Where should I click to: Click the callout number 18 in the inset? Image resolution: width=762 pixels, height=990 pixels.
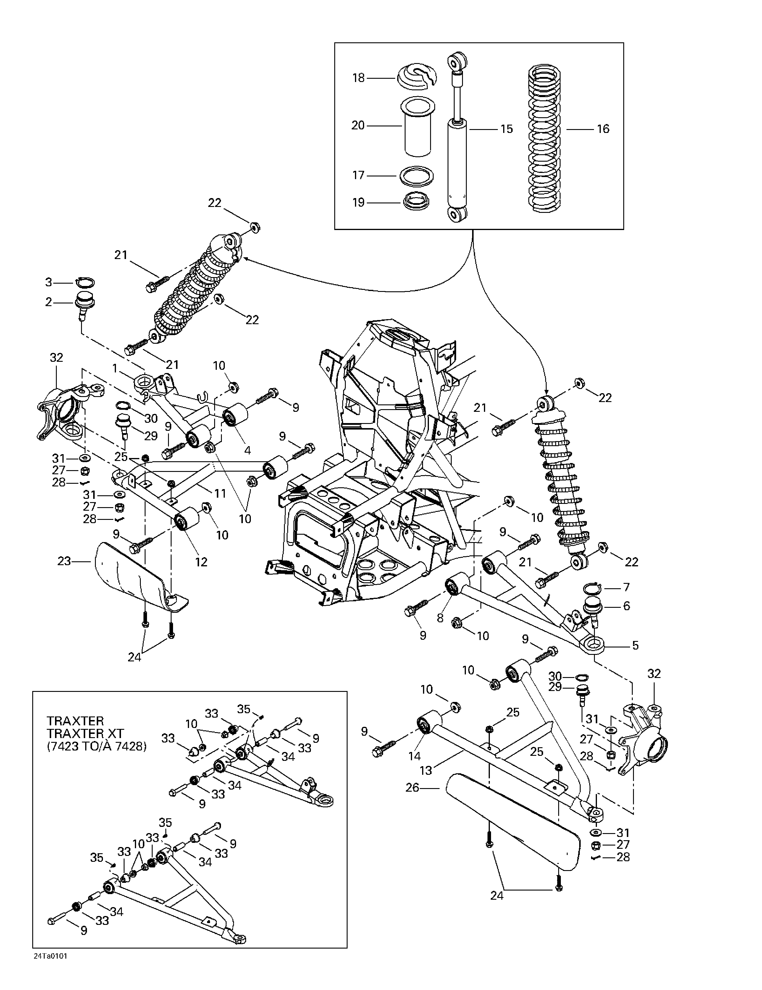[x=358, y=78]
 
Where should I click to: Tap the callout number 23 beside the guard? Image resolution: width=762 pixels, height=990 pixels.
[x=64, y=561]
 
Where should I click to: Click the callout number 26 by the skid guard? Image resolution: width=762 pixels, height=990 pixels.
[x=412, y=788]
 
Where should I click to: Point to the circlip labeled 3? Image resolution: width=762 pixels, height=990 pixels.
[x=85, y=282]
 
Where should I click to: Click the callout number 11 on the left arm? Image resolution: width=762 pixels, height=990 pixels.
[x=220, y=493]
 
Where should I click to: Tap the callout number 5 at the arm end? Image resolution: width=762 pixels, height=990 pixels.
[x=635, y=645]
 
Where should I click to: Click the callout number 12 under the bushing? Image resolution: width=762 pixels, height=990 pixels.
[x=201, y=562]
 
